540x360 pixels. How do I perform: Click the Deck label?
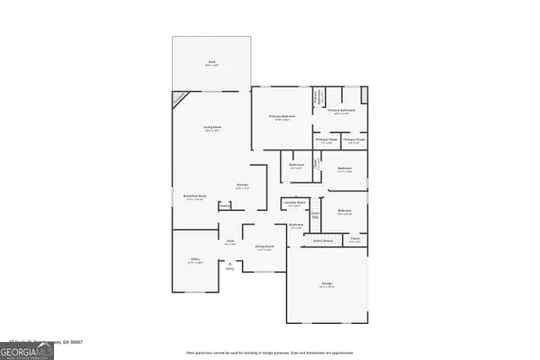(x=211, y=64)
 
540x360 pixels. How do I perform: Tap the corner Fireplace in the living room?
(x=181, y=97)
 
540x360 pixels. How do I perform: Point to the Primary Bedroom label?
(x=282, y=118)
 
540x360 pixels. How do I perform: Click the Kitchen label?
(x=242, y=186)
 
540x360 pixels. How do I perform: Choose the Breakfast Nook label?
(x=195, y=198)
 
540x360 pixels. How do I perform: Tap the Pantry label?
(x=224, y=204)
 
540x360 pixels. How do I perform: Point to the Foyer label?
(x=230, y=241)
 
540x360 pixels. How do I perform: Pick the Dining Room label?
(x=265, y=247)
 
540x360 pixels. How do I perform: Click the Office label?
(x=194, y=260)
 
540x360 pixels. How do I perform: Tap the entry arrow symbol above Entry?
(x=229, y=262)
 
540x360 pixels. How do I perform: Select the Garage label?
(x=327, y=284)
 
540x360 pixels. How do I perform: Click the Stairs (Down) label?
(x=323, y=241)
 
